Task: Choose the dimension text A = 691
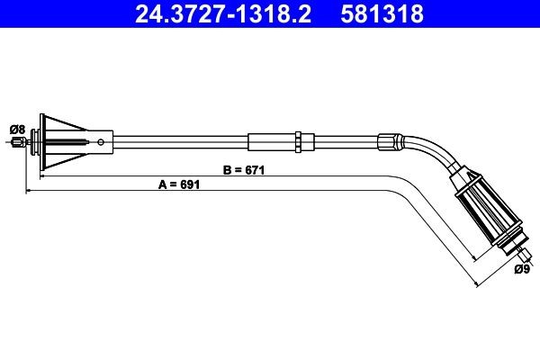(177, 184)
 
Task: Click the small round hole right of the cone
(106, 140)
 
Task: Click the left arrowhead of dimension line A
(30, 191)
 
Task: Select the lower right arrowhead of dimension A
(473, 284)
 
